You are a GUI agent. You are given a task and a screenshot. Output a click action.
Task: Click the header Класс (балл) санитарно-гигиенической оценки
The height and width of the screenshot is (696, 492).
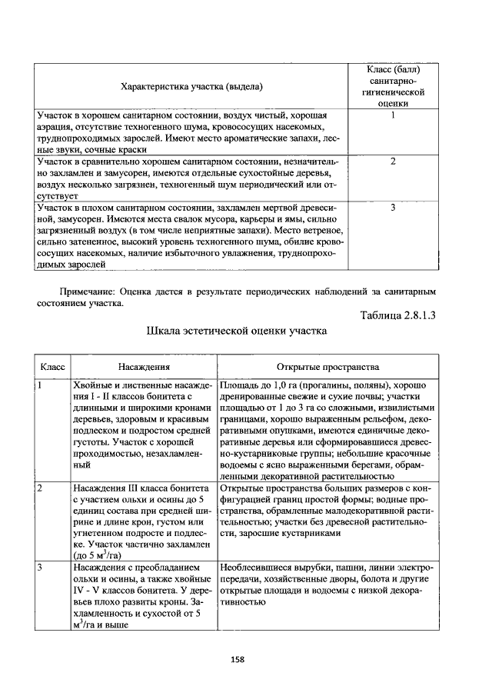click(x=393, y=85)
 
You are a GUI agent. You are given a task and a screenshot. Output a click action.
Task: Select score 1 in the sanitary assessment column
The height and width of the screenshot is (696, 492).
click(x=393, y=116)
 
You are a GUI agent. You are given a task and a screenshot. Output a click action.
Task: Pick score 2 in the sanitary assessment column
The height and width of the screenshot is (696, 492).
click(x=393, y=162)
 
